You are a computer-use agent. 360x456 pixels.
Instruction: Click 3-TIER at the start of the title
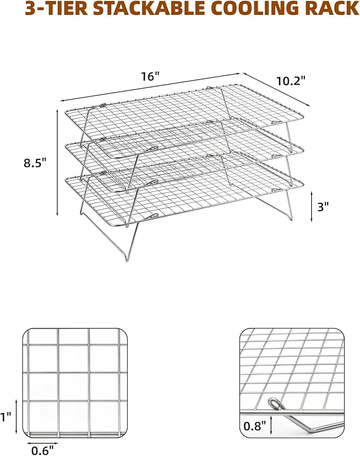pyautogui.click(x=56, y=8)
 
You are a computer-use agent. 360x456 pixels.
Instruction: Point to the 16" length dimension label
pyautogui.click(x=151, y=76)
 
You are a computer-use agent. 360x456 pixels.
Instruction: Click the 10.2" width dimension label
pyautogui.click(x=291, y=81)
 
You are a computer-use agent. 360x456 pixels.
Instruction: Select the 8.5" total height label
pyautogui.click(x=35, y=163)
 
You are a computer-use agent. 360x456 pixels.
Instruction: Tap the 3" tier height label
pyautogui.click(x=323, y=207)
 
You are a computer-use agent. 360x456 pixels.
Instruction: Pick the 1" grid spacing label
pyautogui.click(x=5, y=417)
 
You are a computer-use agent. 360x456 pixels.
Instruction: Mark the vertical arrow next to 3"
pyautogui.click(x=312, y=207)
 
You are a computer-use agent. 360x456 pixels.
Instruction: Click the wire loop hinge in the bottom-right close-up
pyautogui.click(x=275, y=404)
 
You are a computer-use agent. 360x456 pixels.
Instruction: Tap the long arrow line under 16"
pyautogui.click(x=150, y=87)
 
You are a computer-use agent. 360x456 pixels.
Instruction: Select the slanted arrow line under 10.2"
pyautogui.click(x=276, y=89)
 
